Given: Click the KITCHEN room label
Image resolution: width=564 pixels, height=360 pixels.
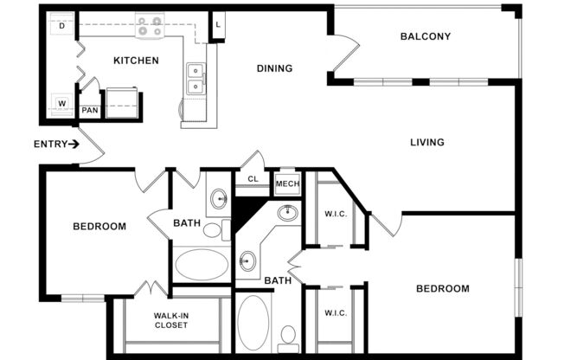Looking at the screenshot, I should [136, 61].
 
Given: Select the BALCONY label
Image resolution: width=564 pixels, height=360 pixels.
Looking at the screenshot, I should [425, 36].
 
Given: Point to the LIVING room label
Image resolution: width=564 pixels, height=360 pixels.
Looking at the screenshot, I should [426, 142].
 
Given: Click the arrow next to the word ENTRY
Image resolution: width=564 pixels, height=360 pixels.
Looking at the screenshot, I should [74, 144].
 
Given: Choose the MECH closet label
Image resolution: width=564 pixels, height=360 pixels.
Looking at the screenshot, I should [286, 184].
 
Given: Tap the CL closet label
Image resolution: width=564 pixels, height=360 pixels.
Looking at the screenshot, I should [253, 180].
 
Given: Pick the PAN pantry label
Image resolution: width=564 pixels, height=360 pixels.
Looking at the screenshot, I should [89, 111].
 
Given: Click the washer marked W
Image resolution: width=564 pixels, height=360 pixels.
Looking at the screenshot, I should [62, 104].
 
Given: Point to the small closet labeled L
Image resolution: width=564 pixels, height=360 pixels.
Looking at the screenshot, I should [218, 25].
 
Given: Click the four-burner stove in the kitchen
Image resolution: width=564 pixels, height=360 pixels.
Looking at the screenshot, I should [149, 26].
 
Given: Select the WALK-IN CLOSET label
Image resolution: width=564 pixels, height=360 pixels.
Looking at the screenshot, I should [172, 321].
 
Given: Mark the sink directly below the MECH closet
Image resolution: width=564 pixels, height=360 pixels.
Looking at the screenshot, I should [288, 213].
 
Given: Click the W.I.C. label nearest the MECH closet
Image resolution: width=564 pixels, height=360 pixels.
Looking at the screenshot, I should [336, 214].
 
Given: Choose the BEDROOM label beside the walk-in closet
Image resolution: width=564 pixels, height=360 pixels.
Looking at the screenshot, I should [99, 227].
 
